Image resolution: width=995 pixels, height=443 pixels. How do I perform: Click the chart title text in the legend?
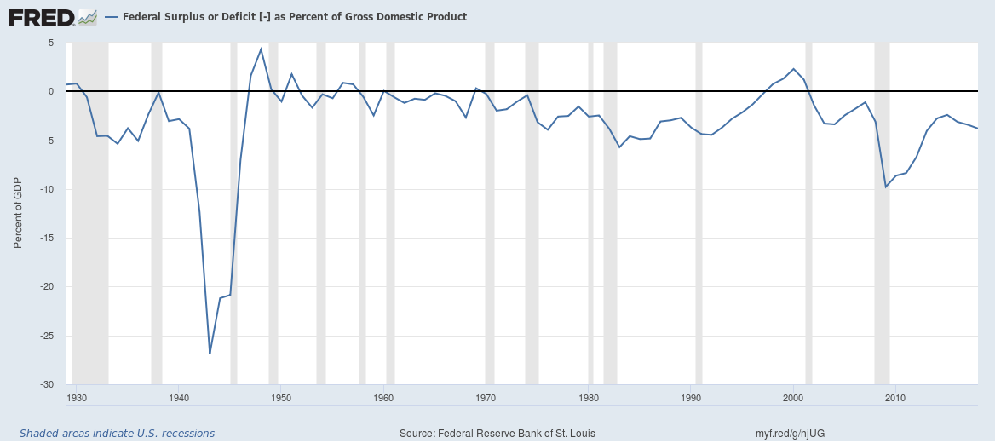coord(295,17)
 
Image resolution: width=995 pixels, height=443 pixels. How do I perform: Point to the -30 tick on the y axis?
coord(47,385)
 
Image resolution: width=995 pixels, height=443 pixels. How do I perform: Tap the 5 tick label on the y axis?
coord(50,43)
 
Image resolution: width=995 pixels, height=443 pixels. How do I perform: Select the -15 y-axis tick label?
coord(47,239)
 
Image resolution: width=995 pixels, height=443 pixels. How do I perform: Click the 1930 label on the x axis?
coord(77,397)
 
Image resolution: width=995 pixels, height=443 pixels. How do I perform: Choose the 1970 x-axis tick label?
coord(486,397)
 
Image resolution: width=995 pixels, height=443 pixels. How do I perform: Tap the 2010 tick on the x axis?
coord(895,397)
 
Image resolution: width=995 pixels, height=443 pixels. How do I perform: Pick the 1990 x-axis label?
coord(691,397)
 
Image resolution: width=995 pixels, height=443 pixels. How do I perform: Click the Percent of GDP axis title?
coord(18,213)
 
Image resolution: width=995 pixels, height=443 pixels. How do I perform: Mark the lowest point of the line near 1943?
coord(210,353)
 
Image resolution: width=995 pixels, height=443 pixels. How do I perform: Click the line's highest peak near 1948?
coord(261,49)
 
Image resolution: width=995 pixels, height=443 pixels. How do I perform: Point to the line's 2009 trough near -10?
coord(886,187)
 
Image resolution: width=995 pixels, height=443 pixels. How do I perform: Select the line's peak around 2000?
coord(793,69)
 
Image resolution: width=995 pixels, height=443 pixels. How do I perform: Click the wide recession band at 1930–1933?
coord(90,213)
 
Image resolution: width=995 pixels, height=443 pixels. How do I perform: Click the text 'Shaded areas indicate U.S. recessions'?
coord(117,434)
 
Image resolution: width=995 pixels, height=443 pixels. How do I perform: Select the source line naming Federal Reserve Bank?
coord(497,434)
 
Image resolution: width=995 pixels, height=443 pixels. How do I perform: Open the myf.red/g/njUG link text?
coord(790,434)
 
